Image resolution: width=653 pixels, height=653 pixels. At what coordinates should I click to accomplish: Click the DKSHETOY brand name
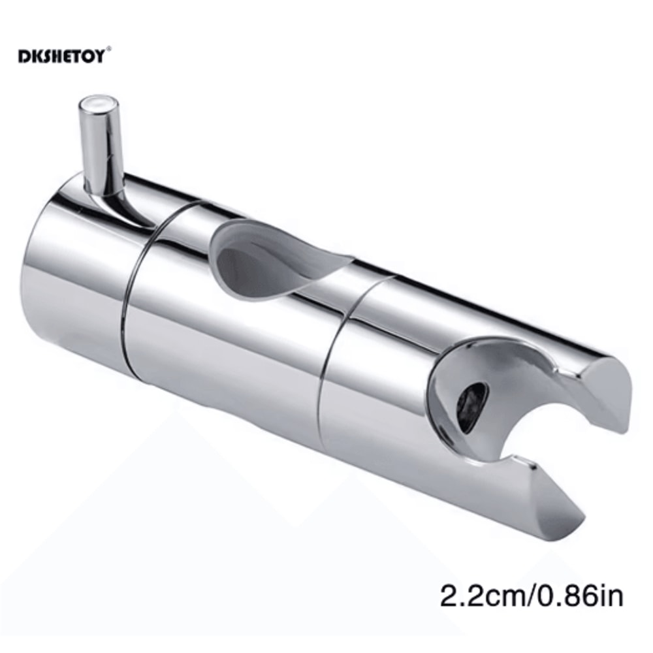click(x=63, y=53)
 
